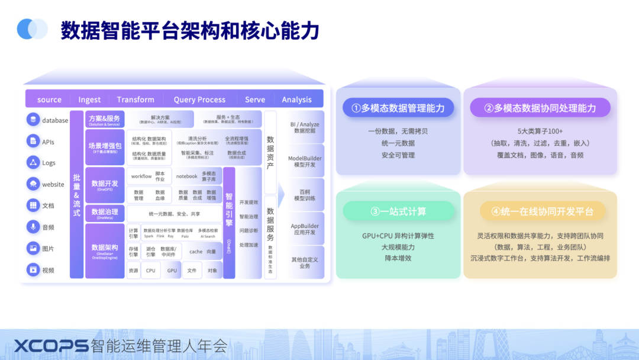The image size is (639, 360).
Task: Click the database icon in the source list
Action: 33,120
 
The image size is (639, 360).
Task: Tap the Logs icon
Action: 33,163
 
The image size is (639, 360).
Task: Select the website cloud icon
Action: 33,184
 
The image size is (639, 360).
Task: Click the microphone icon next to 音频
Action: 33,227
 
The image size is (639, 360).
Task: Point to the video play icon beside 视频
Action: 33,270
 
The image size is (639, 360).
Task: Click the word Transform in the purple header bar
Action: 135,99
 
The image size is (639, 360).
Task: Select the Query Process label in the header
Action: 199,99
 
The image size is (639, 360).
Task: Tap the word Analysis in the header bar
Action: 296,99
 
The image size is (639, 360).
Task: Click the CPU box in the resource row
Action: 151,271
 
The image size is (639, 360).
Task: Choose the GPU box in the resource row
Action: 172,271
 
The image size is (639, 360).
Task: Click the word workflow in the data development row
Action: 141,176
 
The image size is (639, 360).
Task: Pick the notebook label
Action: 186,176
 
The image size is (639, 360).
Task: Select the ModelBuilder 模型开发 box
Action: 305,161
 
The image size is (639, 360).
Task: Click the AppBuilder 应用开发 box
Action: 305,229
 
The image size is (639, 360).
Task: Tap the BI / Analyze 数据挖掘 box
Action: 305,127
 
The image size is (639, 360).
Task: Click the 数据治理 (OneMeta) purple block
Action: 105,214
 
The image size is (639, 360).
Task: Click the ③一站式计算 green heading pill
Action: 398,211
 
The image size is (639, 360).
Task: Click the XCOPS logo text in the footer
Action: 51,346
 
